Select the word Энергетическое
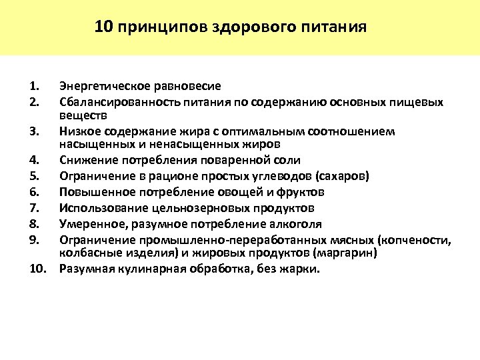click(x=101, y=86)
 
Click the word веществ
click(x=78, y=115)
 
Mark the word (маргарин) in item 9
click(x=347, y=253)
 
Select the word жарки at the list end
click(x=303, y=269)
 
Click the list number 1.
click(x=35, y=86)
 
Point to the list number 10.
click(x=37, y=269)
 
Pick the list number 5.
click(x=35, y=176)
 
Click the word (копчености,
click(x=415, y=239)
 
